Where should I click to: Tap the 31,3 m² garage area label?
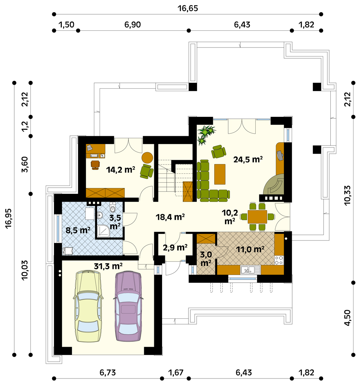click(109, 266)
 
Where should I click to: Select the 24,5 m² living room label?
click(248, 159)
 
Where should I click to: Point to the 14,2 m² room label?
click(120, 170)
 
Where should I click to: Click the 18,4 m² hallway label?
click(170, 217)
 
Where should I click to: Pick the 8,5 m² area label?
click(78, 230)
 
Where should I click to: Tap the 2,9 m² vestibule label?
click(175, 247)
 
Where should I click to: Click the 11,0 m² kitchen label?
click(250, 249)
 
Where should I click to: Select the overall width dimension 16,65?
click(187, 8)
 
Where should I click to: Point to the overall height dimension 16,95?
click(9, 219)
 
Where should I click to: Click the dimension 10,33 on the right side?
click(347, 196)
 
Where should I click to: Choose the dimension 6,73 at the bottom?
click(107, 373)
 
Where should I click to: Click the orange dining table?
click(257, 217)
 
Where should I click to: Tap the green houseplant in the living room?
click(206, 135)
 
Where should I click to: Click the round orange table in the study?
click(147, 158)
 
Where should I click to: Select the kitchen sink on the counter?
click(250, 270)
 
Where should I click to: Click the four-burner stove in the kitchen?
click(279, 261)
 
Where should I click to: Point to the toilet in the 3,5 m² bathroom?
click(112, 208)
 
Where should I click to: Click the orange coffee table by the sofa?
click(220, 174)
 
